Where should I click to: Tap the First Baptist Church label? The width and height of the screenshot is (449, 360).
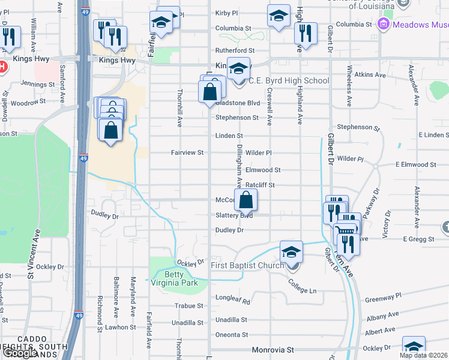(x=247, y=265)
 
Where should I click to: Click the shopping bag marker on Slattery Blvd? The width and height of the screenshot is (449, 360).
(x=246, y=200)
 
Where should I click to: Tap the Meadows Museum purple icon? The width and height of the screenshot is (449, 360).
(x=384, y=25)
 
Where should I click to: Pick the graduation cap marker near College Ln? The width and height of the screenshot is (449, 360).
(x=291, y=252)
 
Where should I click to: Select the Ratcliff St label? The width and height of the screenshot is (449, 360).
(x=260, y=185)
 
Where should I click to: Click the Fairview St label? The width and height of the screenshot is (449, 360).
(x=187, y=153)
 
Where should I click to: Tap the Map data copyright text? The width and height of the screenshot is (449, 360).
(x=423, y=355)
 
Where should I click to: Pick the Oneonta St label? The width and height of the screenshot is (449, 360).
(x=231, y=335)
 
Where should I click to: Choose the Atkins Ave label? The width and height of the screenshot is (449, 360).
(x=370, y=75)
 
